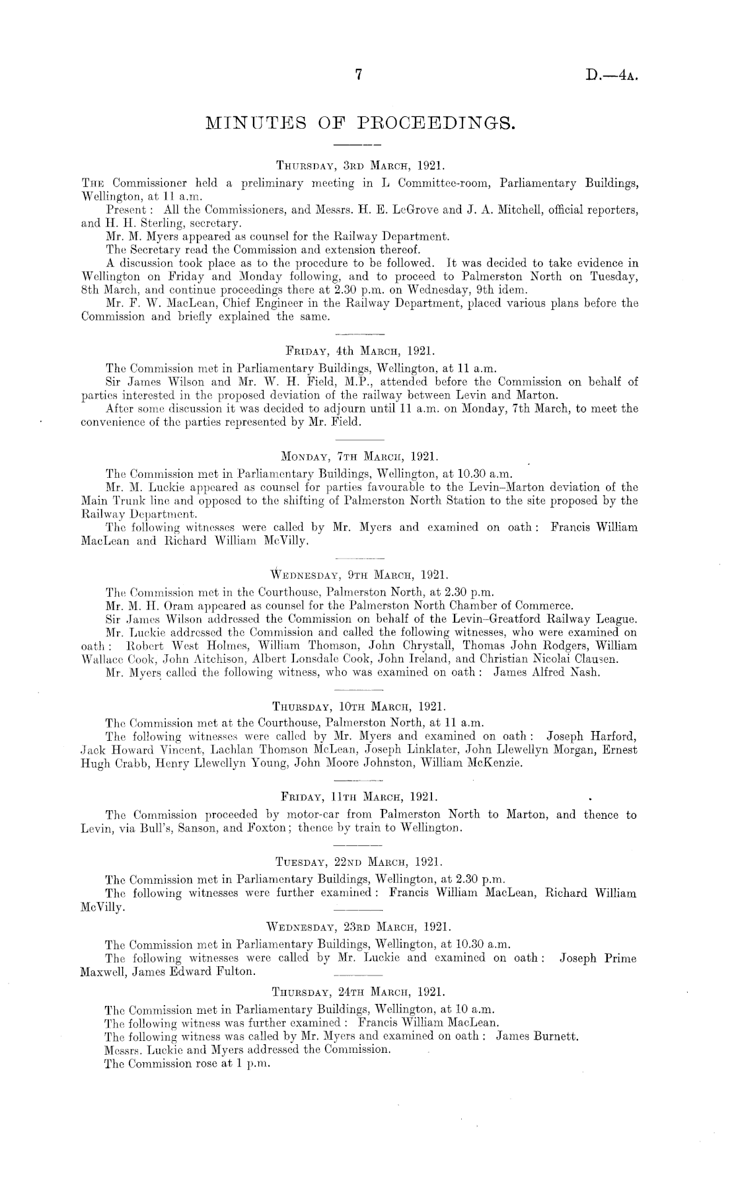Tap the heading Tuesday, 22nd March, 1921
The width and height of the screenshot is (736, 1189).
coord(357,863)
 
